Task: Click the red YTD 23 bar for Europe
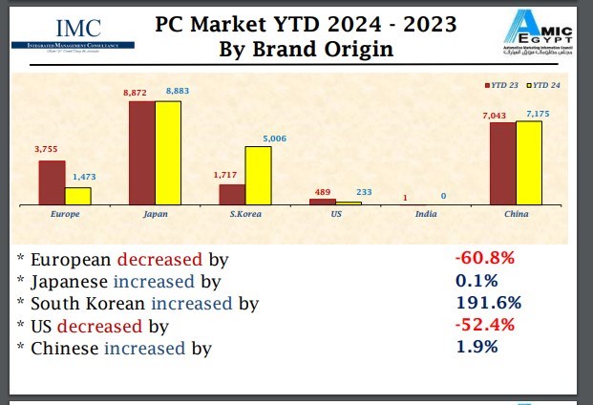click(x=52, y=182)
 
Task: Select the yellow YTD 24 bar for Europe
click(x=78, y=196)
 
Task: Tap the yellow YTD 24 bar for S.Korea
click(x=258, y=176)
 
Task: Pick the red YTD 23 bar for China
click(x=502, y=163)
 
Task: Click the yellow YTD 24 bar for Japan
click(x=168, y=153)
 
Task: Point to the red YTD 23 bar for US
click(x=323, y=202)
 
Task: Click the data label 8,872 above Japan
click(x=140, y=90)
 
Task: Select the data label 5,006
click(x=274, y=138)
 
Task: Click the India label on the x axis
click(x=426, y=214)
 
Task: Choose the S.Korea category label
click(x=246, y=214)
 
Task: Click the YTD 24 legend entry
click(x=544, y=86)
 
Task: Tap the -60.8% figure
click(x=485, y=258)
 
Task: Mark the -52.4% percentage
click(x=485, y=325)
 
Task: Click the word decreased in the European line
click(x=159, y=259)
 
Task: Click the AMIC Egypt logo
click(x=539, y=34)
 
